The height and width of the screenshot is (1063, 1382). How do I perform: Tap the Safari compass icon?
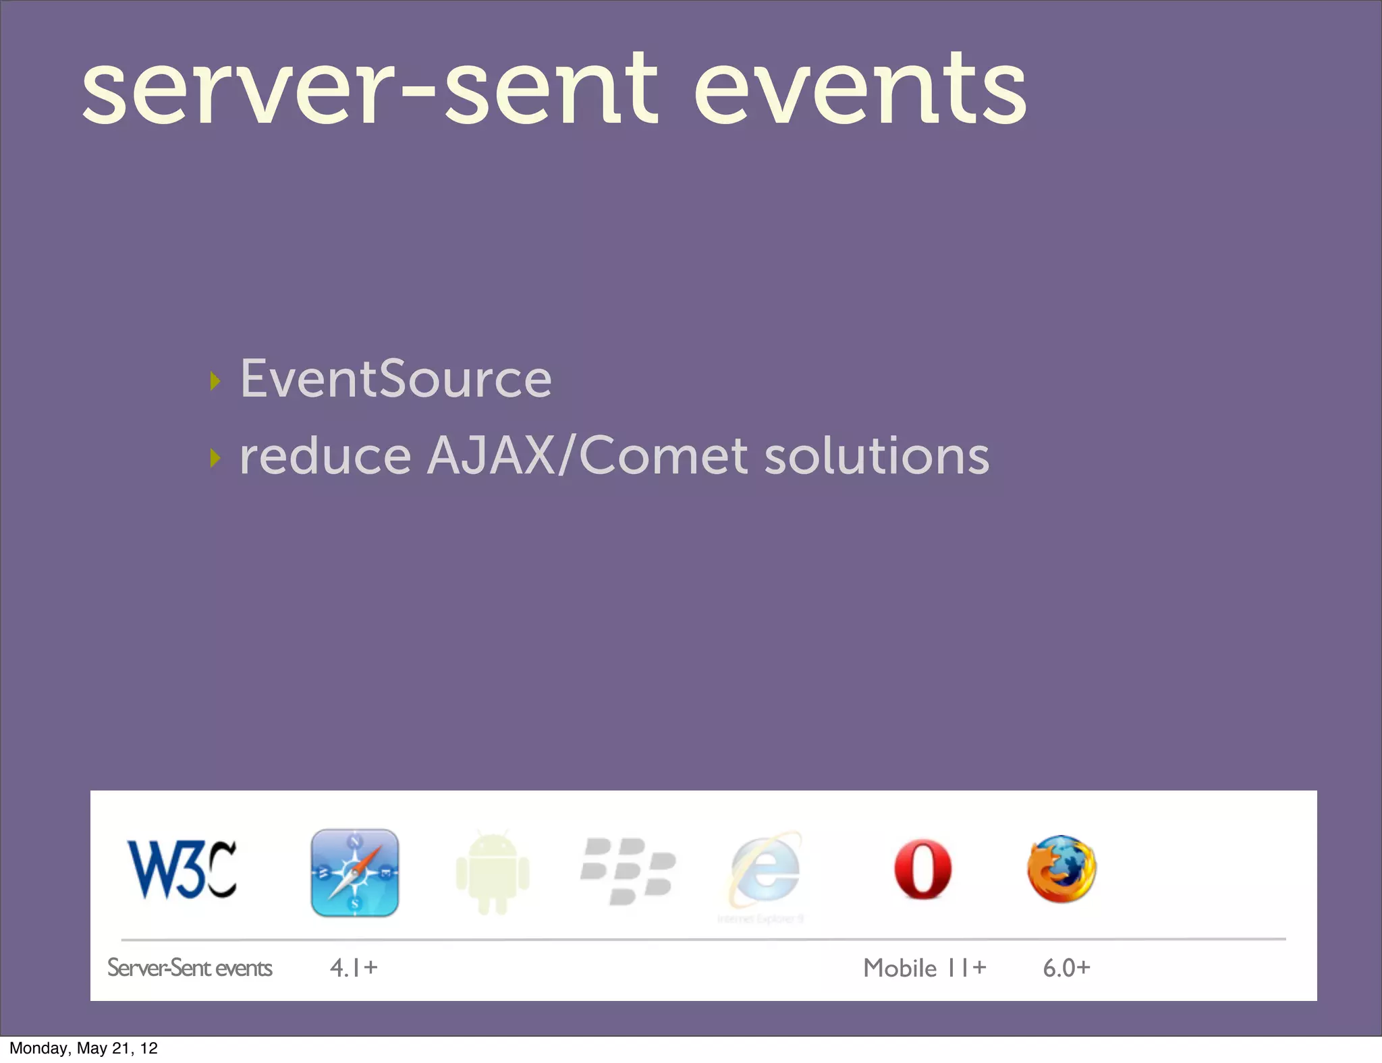(355, 872)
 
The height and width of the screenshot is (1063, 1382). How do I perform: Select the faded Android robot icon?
(493, 873)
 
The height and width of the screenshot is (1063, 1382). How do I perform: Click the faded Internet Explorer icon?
(765, 871)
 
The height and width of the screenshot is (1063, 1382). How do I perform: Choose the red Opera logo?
(922, 870)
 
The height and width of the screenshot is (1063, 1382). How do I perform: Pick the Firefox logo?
(1061, 869)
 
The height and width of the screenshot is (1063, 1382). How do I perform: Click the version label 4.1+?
(354, 968)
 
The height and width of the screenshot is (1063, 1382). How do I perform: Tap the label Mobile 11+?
(924, 968)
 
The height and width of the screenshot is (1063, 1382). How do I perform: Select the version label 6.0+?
(1066, 968)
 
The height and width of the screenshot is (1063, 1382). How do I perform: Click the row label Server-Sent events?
(190, 968)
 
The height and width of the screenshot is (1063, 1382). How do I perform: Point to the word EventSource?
(396, 379)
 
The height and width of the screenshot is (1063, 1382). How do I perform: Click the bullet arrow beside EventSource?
(215, 381)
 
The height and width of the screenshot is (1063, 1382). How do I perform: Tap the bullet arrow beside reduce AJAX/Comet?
(215, 458)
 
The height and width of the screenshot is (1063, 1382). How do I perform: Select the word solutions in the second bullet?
(877, 456)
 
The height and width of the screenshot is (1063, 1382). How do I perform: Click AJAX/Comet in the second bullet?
(588, 456)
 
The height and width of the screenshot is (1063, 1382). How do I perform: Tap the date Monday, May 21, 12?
(84, 1048)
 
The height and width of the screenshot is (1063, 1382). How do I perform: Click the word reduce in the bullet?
(325, 456)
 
